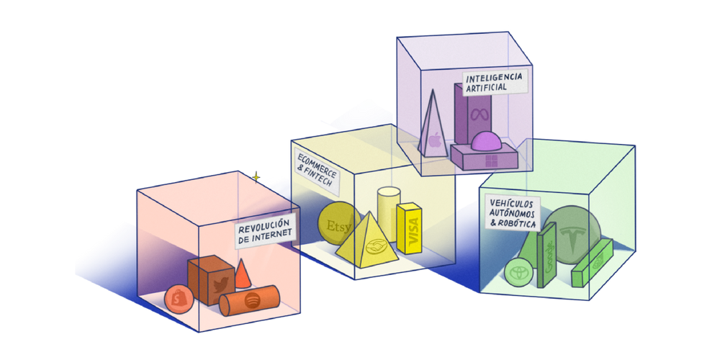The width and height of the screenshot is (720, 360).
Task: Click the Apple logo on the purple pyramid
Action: tap(434, 140)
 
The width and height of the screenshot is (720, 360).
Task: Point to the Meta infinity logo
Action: tap(476, 114)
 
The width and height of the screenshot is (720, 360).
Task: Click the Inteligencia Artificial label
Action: tap(494, 82)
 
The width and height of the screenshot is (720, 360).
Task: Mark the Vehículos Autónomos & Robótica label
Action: tap(512, 213)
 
